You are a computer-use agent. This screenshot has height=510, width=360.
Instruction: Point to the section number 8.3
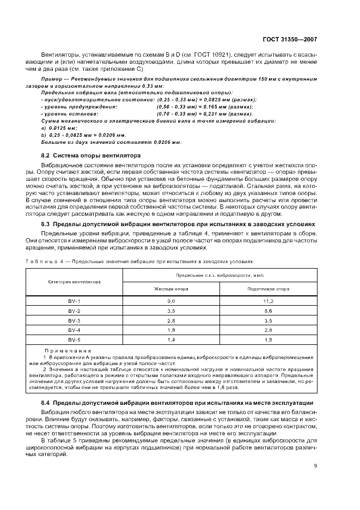click(46, 223)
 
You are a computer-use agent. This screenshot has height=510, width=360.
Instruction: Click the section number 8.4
click(46, 402)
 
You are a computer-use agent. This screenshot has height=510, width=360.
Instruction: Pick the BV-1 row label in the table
click(74, 301)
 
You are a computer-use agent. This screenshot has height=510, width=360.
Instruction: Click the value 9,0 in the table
click(170, 301)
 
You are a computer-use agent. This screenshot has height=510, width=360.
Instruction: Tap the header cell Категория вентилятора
click(74, 282)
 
